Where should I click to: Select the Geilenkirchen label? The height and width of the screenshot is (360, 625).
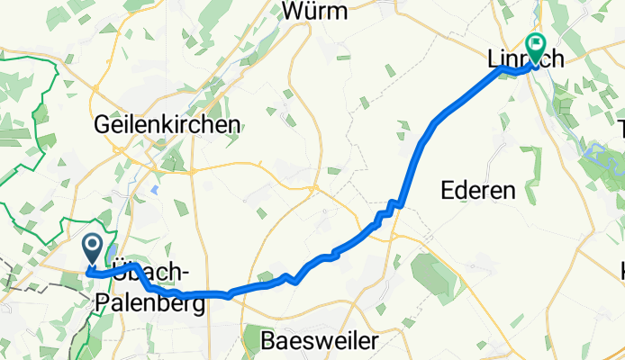(167, 124)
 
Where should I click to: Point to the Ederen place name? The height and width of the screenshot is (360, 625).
(478, 190)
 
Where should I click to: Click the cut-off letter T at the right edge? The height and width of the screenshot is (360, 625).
(620, 129)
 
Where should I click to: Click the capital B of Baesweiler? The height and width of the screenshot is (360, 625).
(267, 341)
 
